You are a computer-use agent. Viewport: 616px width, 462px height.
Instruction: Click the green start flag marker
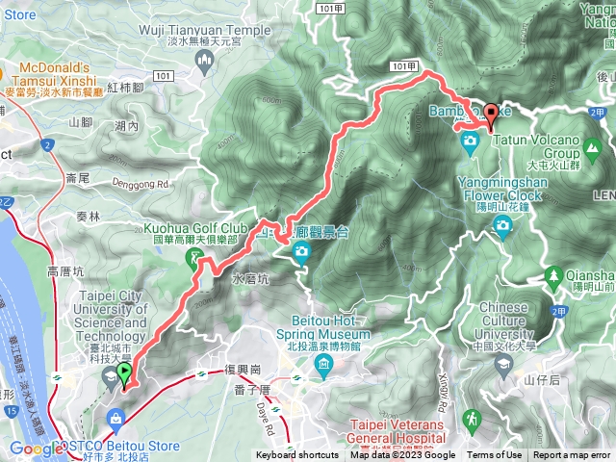point(124,372)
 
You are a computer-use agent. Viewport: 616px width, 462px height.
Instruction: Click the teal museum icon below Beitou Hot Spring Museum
point(323,365)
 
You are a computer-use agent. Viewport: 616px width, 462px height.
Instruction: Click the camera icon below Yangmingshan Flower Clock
point(501,226)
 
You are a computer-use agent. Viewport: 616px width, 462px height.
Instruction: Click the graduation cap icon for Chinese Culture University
point(504,363)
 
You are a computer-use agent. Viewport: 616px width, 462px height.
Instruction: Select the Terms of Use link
point(495,455)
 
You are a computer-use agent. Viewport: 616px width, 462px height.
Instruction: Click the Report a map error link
point(573,455)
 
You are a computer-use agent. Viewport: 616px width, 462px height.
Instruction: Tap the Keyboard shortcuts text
point(297,455)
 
